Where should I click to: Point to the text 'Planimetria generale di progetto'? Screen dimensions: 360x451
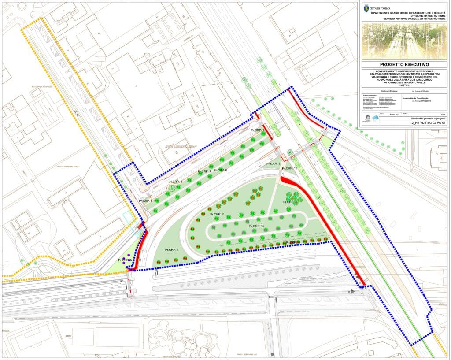(429, 119)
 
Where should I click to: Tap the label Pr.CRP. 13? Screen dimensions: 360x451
(256, 226)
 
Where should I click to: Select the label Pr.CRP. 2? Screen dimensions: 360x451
(217, 214)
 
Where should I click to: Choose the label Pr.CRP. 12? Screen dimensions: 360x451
(289, 168)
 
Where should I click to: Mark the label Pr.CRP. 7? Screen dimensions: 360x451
(205, 171)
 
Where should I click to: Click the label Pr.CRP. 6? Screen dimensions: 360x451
(220, 170)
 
